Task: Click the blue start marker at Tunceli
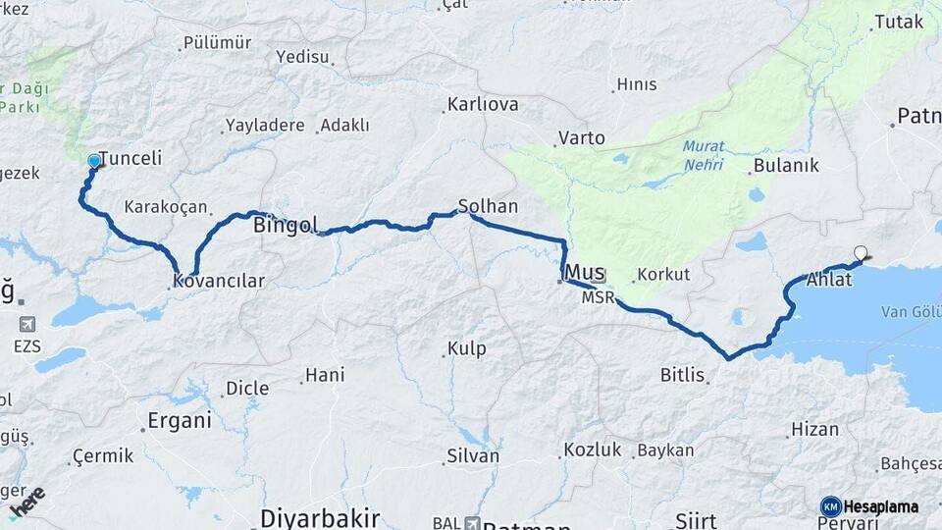point(94,161)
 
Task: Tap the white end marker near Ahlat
point(861,253)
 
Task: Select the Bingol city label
point(285,225)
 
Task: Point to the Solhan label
point(488,206)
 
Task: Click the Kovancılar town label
point(219,281)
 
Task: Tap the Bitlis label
point(683,374)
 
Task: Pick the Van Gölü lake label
point(911,311)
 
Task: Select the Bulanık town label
point(786,165)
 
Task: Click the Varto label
point(581,137)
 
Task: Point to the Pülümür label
point(217,43)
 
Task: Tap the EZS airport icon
point(26,324)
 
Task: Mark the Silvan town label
point(473,455)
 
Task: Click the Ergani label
point(179,421)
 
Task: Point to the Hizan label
point(815,429)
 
